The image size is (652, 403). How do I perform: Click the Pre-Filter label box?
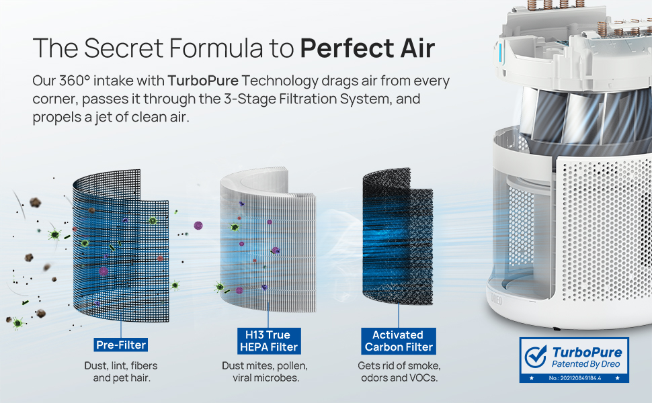tap(120, 345)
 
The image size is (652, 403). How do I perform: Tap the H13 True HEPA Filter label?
tap(268, 341)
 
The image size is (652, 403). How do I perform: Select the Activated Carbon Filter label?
tap(399, 341)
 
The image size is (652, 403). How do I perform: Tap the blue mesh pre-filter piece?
tap(121, 249)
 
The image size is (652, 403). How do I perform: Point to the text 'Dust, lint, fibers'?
tap(121, 366)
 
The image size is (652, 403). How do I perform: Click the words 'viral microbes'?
tap(265, 379)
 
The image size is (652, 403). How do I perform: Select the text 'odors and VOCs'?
tap(399, 379)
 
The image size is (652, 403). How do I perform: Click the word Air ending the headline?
tap(415, 48)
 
